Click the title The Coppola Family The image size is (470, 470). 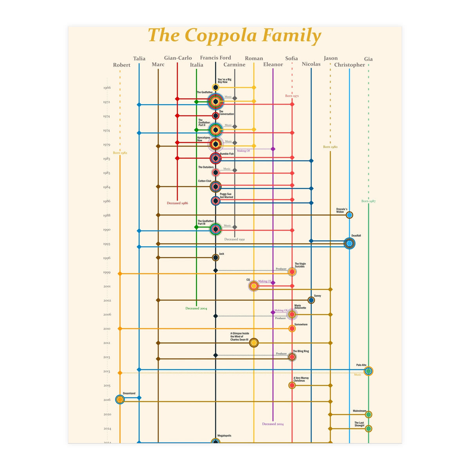pyautogui.click(x=234, y=35)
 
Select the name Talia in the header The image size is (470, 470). pyautogui.click(x=139, y=59)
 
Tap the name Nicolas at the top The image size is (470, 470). pyautogui.click(x=311, y=64)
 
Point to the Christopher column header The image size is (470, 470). pyautogui.click(x=349, y=65)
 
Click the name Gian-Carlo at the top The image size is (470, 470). pyautogui.click(x=178, y=58)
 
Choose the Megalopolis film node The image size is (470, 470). pyautogui.click(x=215, y=442)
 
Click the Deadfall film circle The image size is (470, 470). pyautogui.click(x=349, y=243)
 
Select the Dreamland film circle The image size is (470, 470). pyautogui.click(x=120, y=399)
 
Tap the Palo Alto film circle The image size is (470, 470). pyautogui.click(x=368, y=371)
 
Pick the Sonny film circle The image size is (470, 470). pyautogui.click(x=311, y=300)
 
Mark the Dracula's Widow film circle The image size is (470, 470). pyautogui.click(x=349, y=215)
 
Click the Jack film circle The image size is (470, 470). pyautogui.click(x=215, y=257)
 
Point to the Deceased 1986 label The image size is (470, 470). pyautogui.click(x=177, y=203)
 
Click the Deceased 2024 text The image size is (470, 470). pyautogui.click(x=273, y=424)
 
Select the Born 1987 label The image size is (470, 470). pyautogui.click(x=368, y=201)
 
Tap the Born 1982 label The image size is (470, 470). pyautogui.click(x=120, y=153)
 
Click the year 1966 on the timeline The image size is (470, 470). pyautogui.click(x=107, y=88)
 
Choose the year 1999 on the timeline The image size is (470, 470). pyautogui.click(x=107, y=272)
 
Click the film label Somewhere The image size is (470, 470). pyautogui.click(x=301, y=325)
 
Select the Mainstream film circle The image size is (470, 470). pyautogui.click(x=368, y=414)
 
